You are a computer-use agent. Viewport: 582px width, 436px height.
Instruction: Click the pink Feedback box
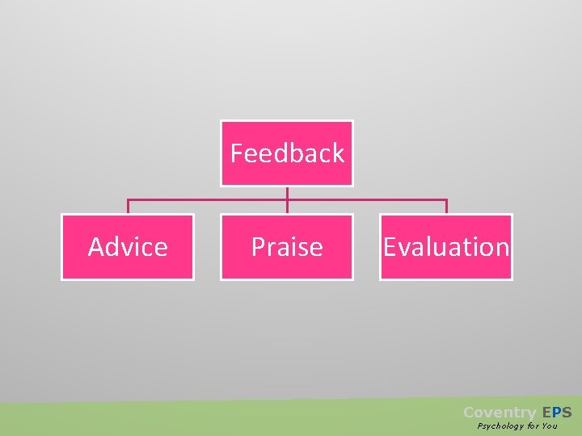pos(287,153)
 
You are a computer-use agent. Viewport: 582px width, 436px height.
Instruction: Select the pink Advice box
pos(128,247)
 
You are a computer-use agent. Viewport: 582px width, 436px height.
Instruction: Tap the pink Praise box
pos(287,247)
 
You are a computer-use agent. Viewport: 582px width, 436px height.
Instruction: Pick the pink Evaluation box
pos(446,247)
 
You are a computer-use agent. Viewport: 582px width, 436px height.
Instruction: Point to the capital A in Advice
pos(96,246)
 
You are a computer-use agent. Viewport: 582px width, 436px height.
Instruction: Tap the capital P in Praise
pos(257,246)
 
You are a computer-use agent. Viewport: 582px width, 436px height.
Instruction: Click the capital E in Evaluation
pos(390,246)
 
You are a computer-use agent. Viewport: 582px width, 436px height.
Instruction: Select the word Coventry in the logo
pos(500,413)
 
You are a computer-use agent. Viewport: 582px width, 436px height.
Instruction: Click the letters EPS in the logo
pos(556,413)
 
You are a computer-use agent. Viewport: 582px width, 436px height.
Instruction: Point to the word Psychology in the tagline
pos(500,426)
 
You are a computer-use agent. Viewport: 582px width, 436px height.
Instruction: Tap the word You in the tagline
pos(550,426)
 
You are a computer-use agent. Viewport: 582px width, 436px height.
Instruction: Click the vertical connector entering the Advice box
pos(128,207)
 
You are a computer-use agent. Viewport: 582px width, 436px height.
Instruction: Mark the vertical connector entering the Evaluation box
pos(446,207)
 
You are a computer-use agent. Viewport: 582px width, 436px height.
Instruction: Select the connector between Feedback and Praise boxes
pos(287,200)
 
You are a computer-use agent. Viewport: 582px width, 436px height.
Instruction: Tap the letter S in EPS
pos(566,413)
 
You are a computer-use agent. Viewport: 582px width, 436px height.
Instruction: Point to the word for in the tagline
pos(532,426)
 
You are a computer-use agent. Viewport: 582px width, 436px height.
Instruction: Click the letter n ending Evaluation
pos(502,247)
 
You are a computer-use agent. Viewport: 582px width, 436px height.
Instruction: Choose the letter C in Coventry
pos(469,413)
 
